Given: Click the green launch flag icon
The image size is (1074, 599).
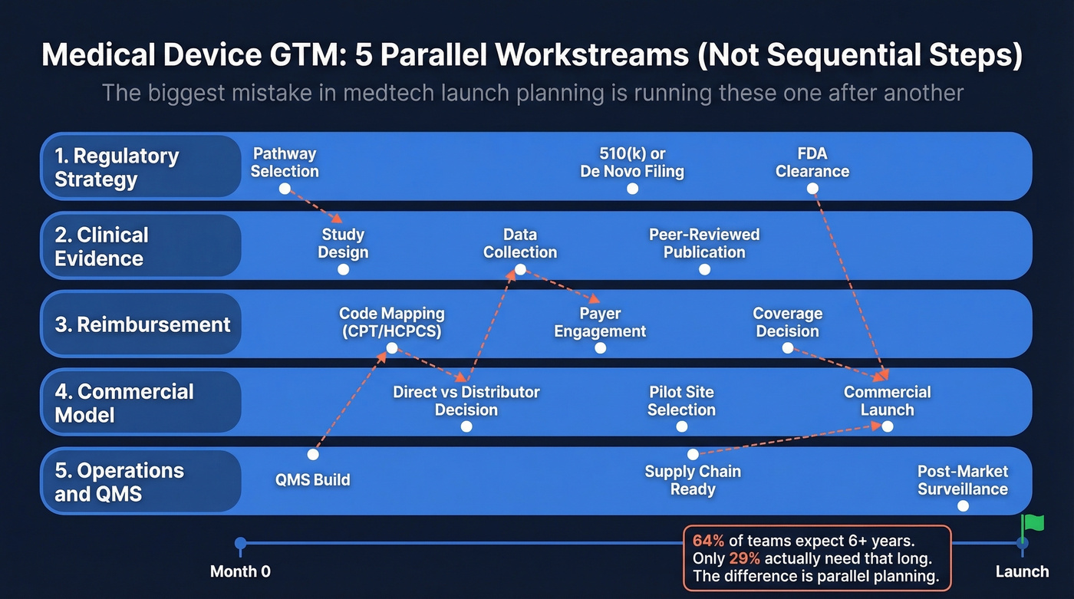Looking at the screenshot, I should [x=1033, y=523].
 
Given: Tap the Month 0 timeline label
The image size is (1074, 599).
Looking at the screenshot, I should [x=240, y=571].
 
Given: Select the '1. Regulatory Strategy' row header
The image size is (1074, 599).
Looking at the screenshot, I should [x=140, y=167].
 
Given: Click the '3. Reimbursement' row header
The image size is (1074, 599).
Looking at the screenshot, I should [x=142, y=324].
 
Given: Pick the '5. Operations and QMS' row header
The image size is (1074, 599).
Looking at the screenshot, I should [x=140, y=482].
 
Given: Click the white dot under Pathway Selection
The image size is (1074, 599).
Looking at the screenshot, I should [x=285, y=189].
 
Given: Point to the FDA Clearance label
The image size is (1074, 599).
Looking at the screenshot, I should [x=812, y=163].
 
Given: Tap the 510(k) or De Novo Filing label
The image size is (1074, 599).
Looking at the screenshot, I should [x=632, y=163].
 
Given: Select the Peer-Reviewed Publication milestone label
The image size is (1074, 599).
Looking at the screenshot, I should [x=704, y=243].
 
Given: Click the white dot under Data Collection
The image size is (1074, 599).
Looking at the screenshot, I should [x=520, y=269].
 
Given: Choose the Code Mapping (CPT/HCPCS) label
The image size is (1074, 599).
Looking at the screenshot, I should [x=391, y=322].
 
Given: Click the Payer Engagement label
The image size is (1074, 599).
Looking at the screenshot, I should [x=600, y=322].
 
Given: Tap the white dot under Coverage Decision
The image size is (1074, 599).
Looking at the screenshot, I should [x=787, y=348].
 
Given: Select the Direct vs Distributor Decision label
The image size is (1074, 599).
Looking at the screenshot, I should [x=466, y=400].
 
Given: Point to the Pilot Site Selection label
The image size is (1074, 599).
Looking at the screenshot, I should [x=681, y=400].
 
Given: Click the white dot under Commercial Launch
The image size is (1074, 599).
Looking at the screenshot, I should [x=888, y=426].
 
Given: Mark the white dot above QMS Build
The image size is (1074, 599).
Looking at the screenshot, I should [x=313, y=454].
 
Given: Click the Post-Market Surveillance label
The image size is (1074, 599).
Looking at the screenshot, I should [x=963, y=480].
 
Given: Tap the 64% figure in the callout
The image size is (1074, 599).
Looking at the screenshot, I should [x=708, y=540].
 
